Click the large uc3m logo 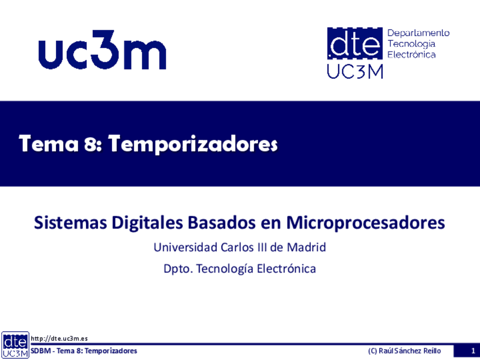pyautogui.click(x=102, y=50)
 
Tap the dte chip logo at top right pyautogui.click(x=355, y=43)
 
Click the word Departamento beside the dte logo pyautogui.click(x=418, y=33)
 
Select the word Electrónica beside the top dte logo pyautogui.click(x=412, y=54)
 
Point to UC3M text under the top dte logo pyautogui.click(x=355, y=72)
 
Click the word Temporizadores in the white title pyautogui.click(x=193, y=144)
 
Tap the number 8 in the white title pyautogui.click(x=91, y=144)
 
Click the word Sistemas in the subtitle pyautogui.click(x=70, y=222)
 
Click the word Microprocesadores pyautogui.click(x=366, y=223)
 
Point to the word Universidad pyautogui.click(x=186, y=247)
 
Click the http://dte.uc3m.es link pyautogui.click(x=59, y=338)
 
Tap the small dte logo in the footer pyautogui.click(x=15, y=345)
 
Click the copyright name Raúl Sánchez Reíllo pyautogui.click(x=410, y=351)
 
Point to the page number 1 pyautogui.click(x=473, y=351)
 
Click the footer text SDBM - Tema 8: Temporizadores pyautogui.click(x=84, y=351)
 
